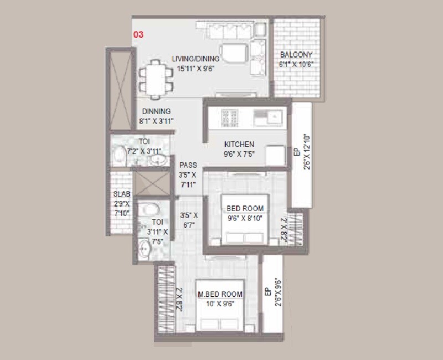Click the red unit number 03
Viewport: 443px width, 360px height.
click(x=138, y=34)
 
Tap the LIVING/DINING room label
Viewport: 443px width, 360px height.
click(x=195, y=59)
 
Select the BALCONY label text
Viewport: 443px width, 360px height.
click(x=296, y=55)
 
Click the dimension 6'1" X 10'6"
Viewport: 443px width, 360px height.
click(x=296, y=64)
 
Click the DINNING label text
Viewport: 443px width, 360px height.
click(x=156, y=111)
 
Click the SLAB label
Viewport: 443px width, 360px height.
click(x=122, y=194)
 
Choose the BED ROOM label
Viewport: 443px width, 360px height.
click(x=245, y=208)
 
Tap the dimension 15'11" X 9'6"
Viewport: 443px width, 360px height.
click(x=195, y=69)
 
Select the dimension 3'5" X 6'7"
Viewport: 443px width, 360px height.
click(x=189, y=219)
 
